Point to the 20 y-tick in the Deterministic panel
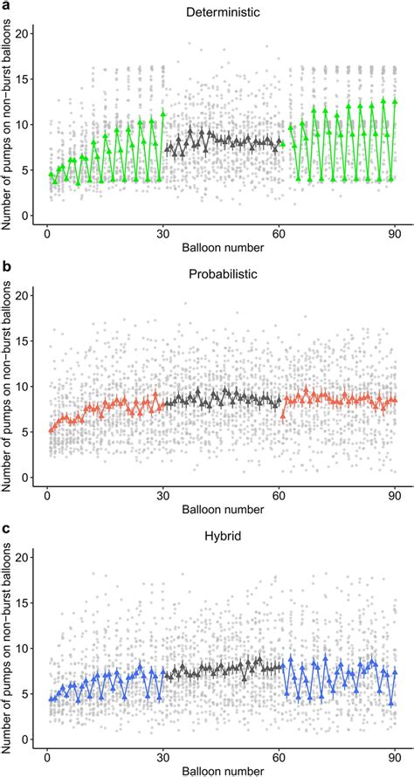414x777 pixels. click(28, 33)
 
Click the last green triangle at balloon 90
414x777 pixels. click(395, 101)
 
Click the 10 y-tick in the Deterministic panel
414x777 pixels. click(28, 124)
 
